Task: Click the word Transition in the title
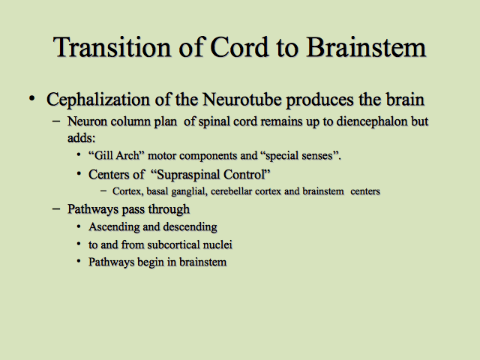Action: tap(112, 46)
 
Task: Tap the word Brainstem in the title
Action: tap(366, 46)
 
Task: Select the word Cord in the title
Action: tap(239, 46)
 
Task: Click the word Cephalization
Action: tap(98, 100)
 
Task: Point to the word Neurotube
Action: tap(241, 100)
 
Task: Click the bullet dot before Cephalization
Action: tap(31, 98)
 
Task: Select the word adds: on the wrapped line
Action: tap(82, 138)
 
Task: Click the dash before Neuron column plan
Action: tap(56, 121)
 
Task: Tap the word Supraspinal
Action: tap(186, 175)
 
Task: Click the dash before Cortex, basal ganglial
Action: tap(103, 191)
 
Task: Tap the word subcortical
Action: tap(173, 244)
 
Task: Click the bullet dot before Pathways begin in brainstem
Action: tap(79, 262)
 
